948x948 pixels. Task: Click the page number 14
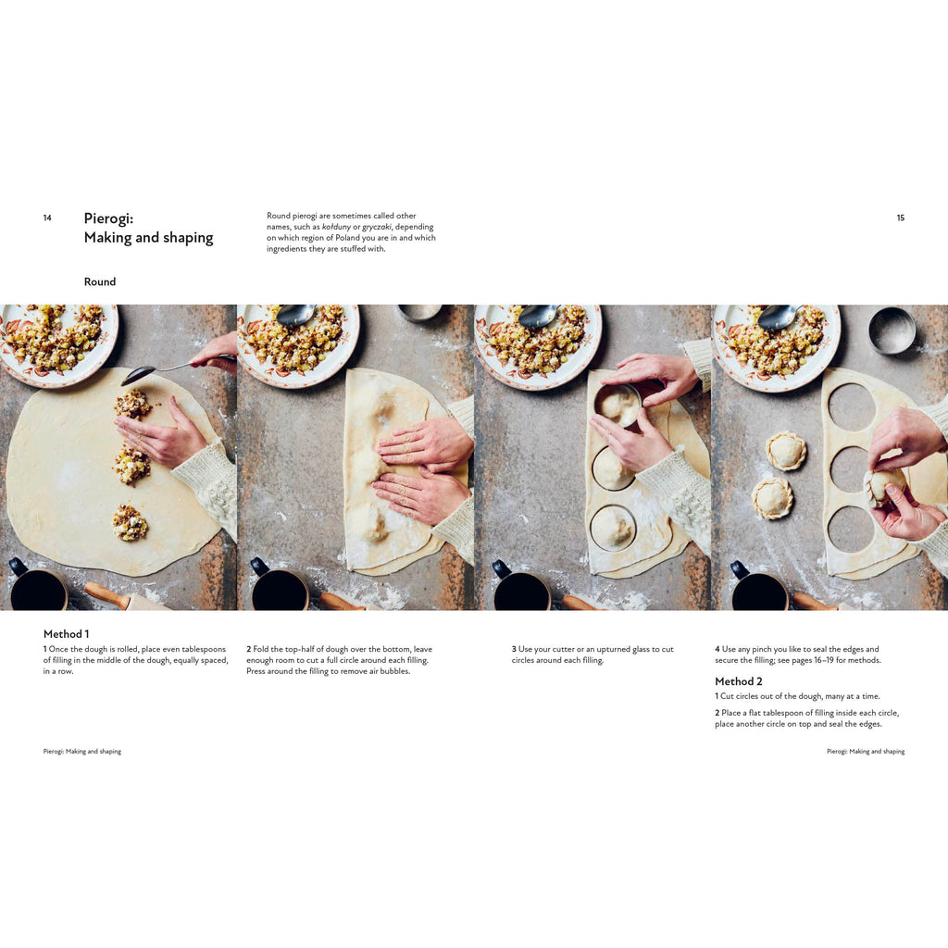click(47, 218)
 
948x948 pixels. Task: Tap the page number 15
click(900, 218)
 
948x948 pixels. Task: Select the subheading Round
click(100, 281)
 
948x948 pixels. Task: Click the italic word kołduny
click(337, 227)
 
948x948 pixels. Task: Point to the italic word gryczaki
click(377, 228)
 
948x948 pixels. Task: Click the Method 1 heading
click(66, 633)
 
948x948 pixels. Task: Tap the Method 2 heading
click(738, 681)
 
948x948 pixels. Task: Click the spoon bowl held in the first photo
click(138, 375)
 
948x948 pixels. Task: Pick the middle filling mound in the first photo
click(131, 464)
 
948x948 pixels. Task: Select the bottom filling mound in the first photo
click(130, 523)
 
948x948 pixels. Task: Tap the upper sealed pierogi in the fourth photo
click(785, 451)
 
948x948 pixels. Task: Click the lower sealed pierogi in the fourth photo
click(772, 497)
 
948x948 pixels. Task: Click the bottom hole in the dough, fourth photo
click(852, 529)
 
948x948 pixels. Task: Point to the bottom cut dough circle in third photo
click(613, 528)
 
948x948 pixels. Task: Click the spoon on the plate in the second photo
click(295, 315)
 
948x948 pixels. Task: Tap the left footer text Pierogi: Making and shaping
click(82, 752)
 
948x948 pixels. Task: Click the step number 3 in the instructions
click(514, 649)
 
